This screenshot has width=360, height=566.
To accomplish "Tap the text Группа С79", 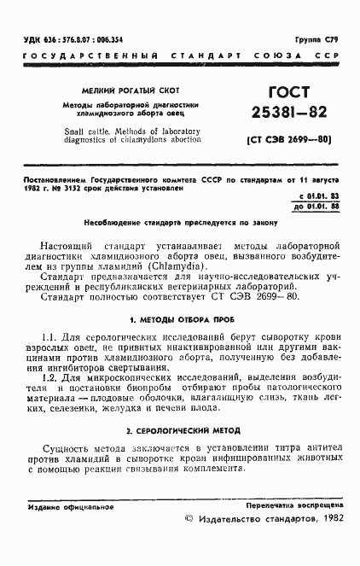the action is [316, 39].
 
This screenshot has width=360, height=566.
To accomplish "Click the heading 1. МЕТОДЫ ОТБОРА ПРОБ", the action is [180, 320].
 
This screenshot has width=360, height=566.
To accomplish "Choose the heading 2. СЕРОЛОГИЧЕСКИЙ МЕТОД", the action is [180, 430].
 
